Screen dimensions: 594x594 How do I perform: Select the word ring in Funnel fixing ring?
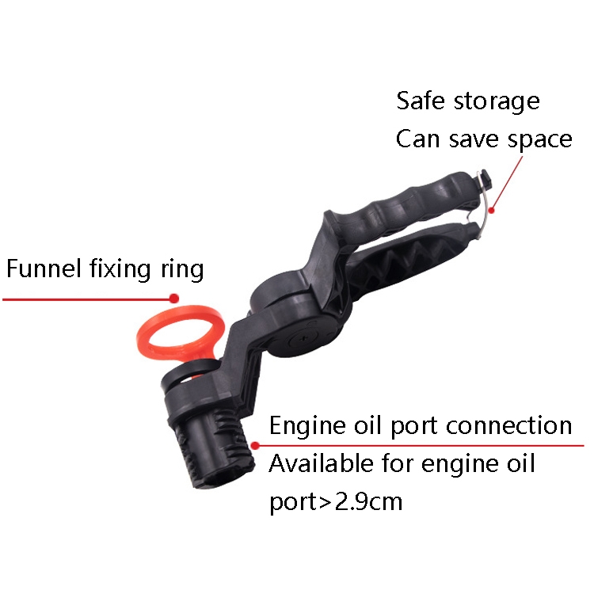[x=183, y=270]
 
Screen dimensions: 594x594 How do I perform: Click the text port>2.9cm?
[x=336, y=501]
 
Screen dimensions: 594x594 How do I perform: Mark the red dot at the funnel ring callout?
[x=174, y=299]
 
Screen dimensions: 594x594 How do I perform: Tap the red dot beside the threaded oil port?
[x=255, y=446]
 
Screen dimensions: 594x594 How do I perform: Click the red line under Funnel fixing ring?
[x=87, y=299]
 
